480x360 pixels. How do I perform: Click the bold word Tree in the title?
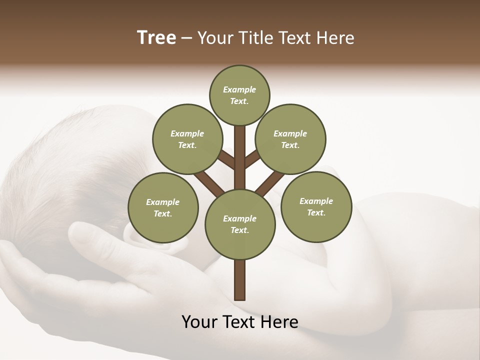click(x=156, y=38)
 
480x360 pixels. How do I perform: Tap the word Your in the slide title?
click(x=215, y=38)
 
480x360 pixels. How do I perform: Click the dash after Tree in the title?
click(x=186, y=38)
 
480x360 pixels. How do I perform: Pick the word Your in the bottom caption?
click(x=198, y=321)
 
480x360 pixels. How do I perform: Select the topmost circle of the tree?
click(x=239, y=95)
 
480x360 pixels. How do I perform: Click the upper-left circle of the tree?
click(x=187, y=139)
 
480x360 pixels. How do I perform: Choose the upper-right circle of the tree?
click(x=290, y=139)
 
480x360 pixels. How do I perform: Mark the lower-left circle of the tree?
click(x=163, y=207)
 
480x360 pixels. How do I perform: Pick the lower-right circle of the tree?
click(x=316, y=206)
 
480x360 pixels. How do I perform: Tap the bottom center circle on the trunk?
click(x=240, y=224)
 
